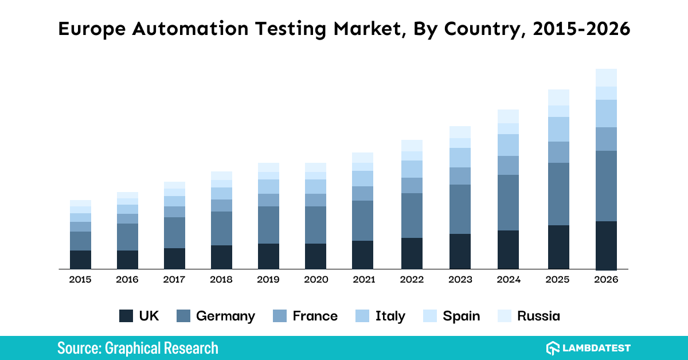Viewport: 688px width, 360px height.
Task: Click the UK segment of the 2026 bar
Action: (606, 245)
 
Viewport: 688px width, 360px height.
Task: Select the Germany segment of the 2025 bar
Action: (558, 194)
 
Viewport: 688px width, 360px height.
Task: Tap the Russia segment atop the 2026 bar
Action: (606, 77)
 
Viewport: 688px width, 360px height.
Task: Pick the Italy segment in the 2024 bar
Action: (508, 145)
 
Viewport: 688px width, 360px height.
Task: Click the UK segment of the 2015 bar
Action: (80, 259)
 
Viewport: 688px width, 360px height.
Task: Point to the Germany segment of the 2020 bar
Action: (315, 225)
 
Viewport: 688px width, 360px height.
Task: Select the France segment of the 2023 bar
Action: (460, 176)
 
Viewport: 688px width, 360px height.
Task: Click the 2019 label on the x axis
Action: (268, 280)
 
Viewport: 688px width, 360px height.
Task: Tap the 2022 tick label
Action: (412, 280)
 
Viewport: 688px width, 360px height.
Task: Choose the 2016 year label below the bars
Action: (127, 280)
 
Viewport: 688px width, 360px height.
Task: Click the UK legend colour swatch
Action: (126, 316)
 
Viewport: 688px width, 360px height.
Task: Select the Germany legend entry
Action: (216, 316)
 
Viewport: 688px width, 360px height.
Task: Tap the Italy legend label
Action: (390, 316)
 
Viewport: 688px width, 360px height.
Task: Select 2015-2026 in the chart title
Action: (580, 29)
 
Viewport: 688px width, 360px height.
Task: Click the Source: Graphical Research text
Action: (138, 348)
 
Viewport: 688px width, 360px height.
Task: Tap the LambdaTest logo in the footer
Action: (588, 348)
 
